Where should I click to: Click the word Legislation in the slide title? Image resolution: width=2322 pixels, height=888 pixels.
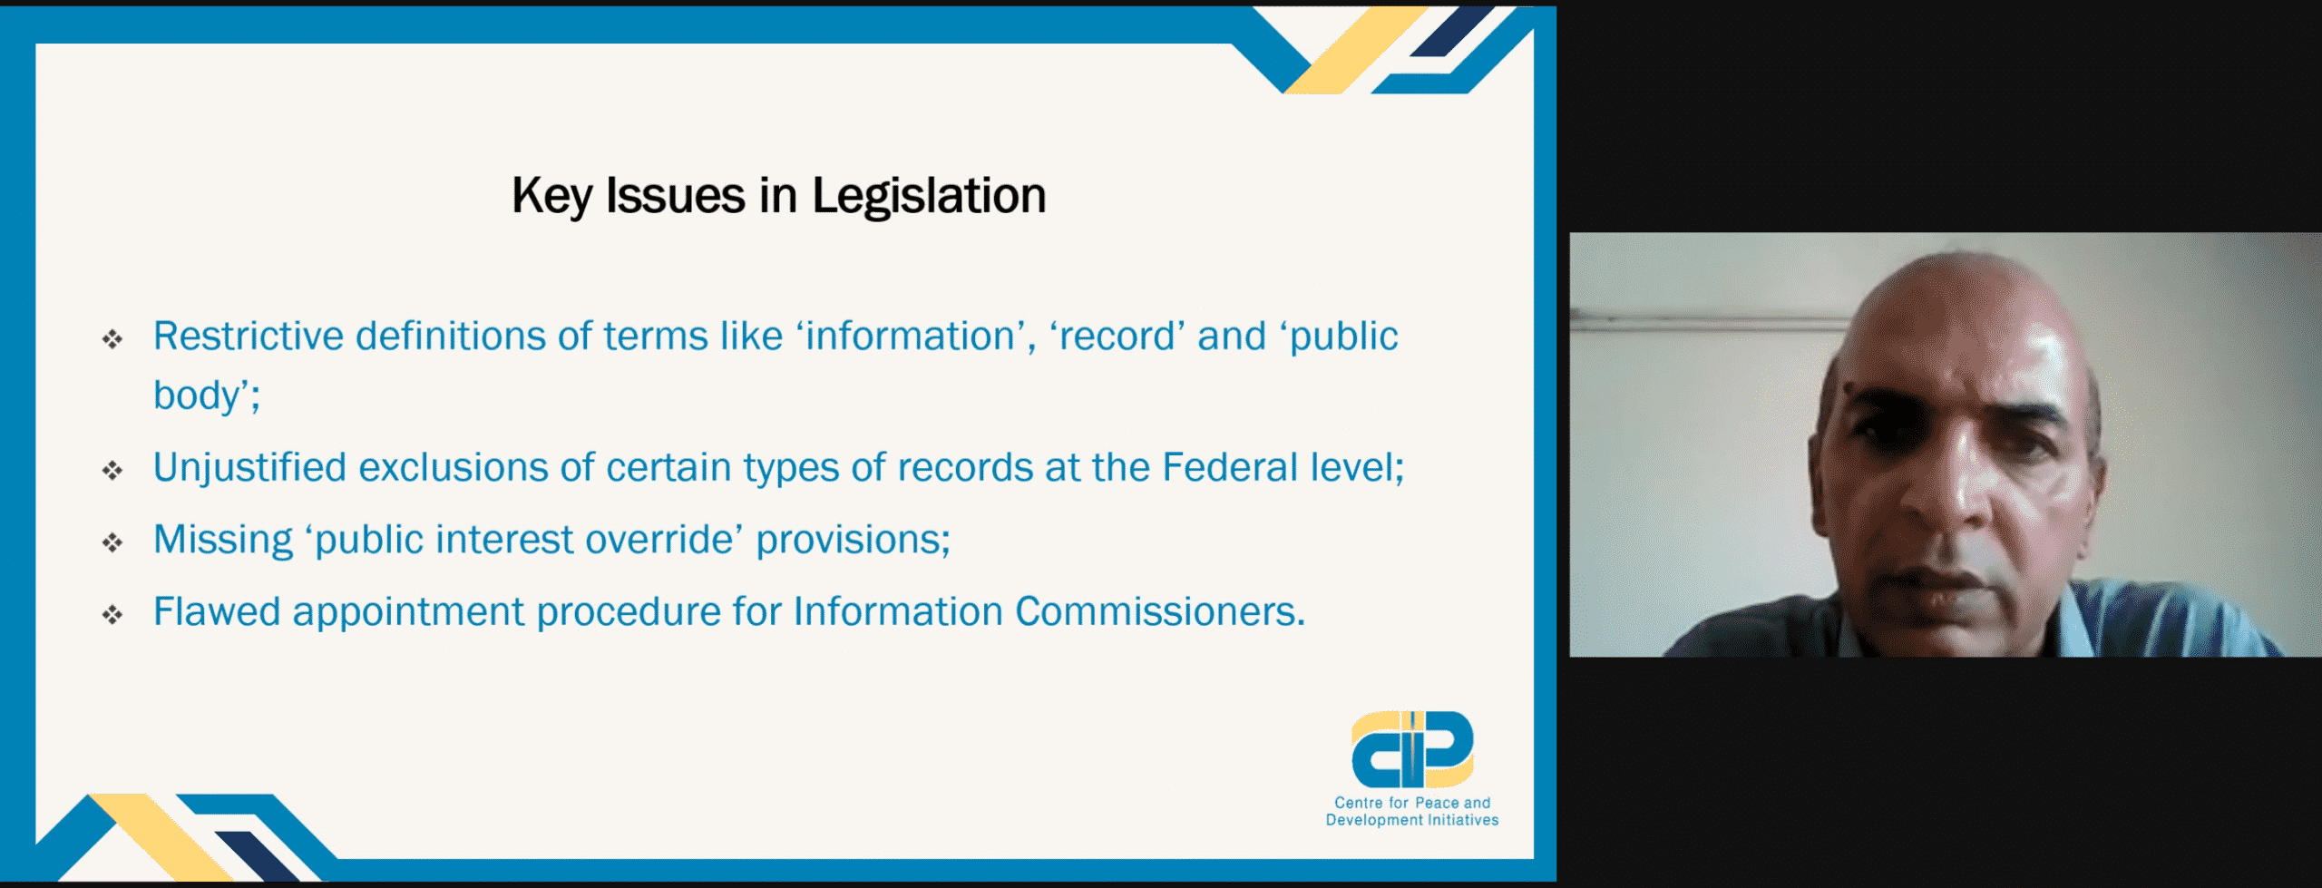(929, 197)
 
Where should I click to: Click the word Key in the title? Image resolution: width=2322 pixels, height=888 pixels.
(552, 197)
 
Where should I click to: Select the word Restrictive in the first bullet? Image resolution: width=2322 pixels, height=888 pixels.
(249, 336)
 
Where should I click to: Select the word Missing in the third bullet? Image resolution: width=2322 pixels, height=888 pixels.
(223, 540)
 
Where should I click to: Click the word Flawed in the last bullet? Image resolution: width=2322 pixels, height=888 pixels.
(217, 611)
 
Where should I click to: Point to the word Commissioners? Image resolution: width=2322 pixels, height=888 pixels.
(1160, 611)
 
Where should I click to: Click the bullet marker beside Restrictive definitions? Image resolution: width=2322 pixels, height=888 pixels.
(112, 339)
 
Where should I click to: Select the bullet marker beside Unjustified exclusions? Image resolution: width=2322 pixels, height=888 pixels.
(112, 470)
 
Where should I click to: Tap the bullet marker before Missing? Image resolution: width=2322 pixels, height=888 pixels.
(112, 542)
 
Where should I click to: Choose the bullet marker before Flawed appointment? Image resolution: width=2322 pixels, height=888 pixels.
(112, 615)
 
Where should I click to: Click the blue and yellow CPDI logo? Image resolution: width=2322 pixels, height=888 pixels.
(1411, 749)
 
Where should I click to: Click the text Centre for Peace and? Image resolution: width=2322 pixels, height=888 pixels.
(1412, 803)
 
